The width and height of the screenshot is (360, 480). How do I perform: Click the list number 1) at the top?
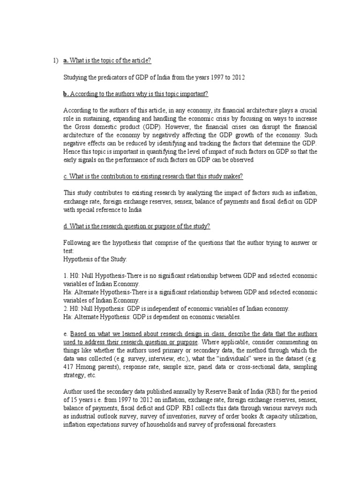coord(54,61)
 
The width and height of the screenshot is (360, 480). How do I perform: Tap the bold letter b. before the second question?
coord(66,94)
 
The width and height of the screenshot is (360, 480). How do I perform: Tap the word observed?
coord(240,159)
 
